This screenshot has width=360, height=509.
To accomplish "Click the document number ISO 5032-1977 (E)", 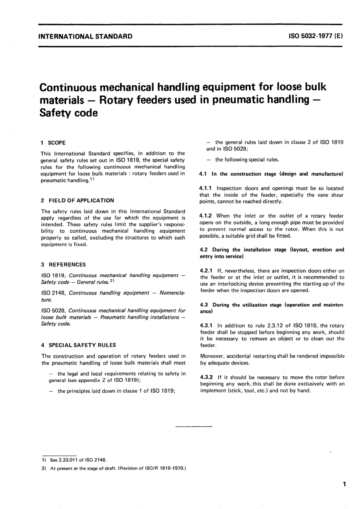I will click(x=316, y=37).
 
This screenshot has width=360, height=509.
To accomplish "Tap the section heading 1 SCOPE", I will click(x=53, y=143).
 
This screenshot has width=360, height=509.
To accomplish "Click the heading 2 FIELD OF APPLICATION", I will click(x=77, y=200).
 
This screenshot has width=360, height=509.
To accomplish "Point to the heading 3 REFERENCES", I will click(x=63, y=265).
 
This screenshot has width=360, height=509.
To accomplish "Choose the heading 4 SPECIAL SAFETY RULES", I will click(x=78, y=345).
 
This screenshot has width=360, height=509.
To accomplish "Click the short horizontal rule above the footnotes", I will click(x=194, y=427).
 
